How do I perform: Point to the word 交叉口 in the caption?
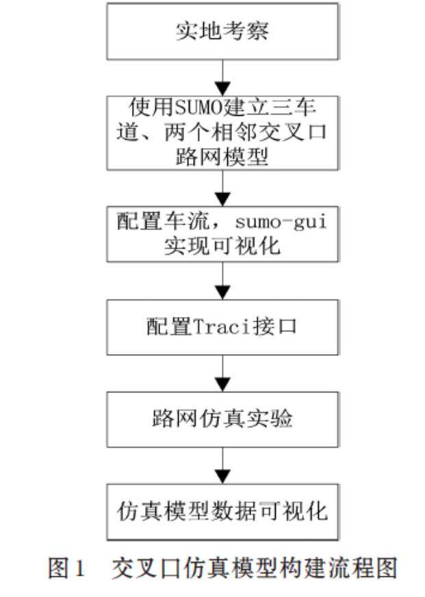pos(142,568)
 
